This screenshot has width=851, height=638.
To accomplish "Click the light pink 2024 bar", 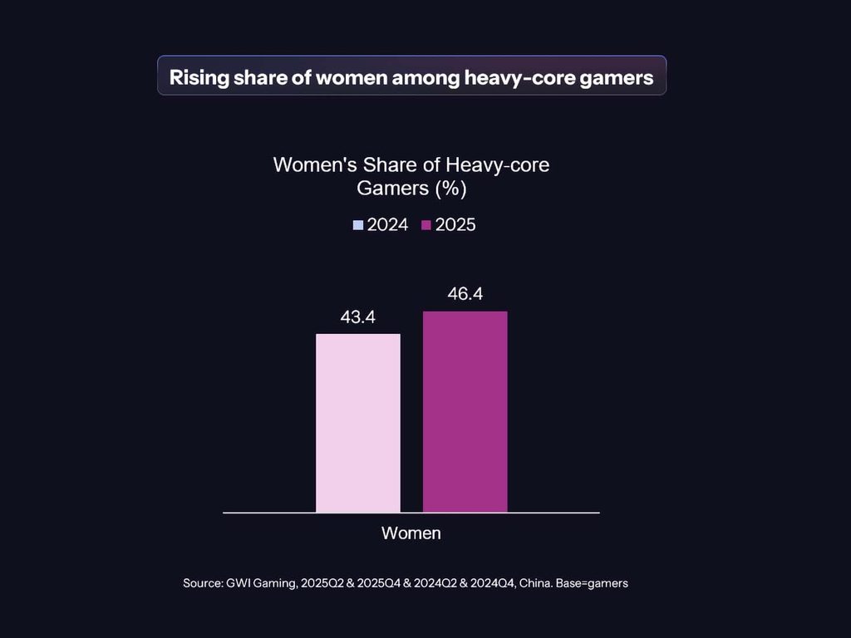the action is (x=358, y=423).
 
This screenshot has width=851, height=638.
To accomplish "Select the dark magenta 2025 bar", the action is (x=465, y=412).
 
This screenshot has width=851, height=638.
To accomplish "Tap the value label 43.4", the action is (x=357, y=317).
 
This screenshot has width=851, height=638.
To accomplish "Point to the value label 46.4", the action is (x=465, y=293).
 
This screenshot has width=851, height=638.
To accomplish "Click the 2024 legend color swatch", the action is (x=357, y=225).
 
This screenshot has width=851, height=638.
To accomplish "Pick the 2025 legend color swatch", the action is (x=426, y=225).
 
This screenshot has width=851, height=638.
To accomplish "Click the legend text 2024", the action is (x=387, y=224).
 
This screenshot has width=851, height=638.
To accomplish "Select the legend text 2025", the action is (x=455, y=224).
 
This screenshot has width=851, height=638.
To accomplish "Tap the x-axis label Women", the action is (x=411, y=533).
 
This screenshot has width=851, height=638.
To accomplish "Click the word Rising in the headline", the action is (x=199, y=77).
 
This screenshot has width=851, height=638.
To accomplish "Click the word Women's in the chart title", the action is (x=315, y=165).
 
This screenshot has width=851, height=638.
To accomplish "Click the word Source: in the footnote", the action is (x=203, y=583).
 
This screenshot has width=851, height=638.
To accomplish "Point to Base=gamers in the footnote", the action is (x=592, y=583).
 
